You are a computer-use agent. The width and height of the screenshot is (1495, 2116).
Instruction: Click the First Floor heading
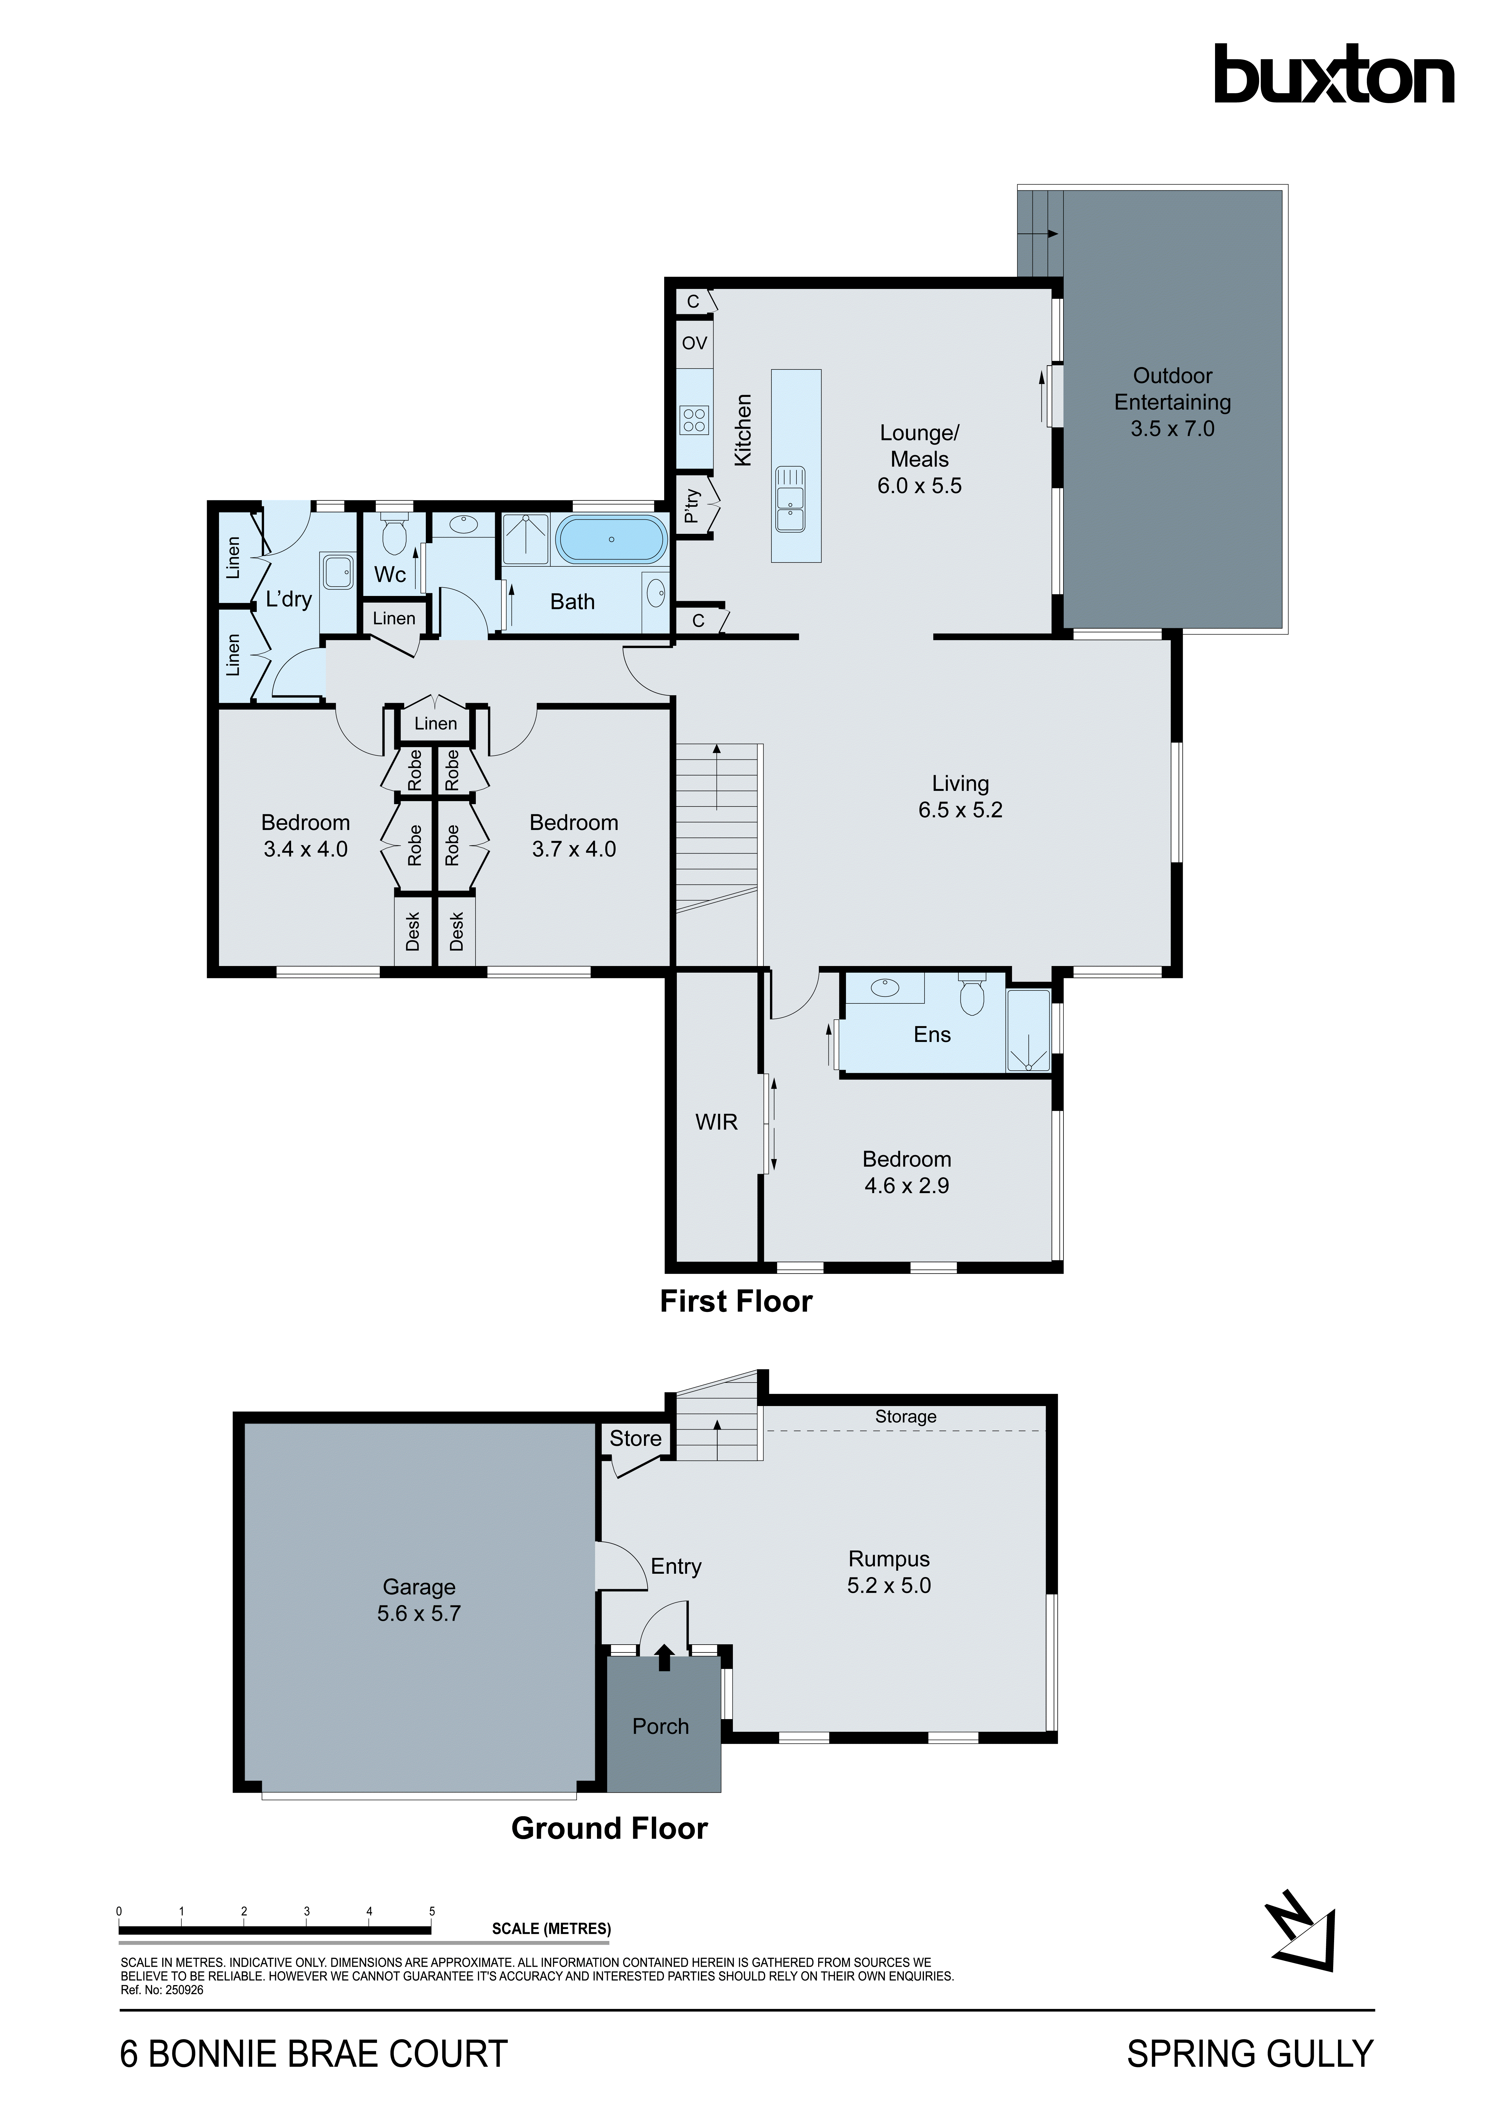(736, 1301)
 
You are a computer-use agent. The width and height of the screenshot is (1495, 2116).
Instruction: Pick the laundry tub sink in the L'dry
(336, 572)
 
